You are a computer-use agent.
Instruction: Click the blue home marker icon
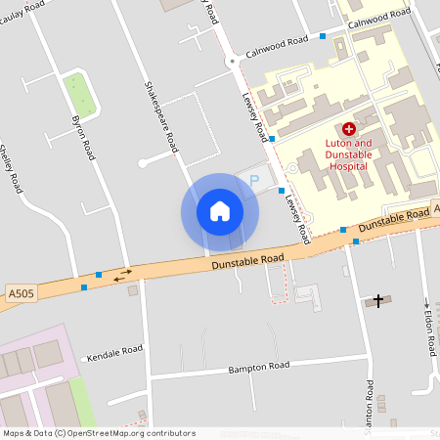point(220,210)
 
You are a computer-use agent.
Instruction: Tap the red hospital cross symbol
point(349,129)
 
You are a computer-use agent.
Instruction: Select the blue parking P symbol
point(255,181)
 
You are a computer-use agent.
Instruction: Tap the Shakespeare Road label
point(161,115)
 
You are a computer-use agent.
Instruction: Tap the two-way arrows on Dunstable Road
point(123,276)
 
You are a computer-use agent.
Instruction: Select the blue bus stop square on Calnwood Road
point(323,36)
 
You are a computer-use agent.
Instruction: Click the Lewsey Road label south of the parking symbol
point(296,214)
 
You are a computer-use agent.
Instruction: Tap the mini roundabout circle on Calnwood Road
point(232,61)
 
